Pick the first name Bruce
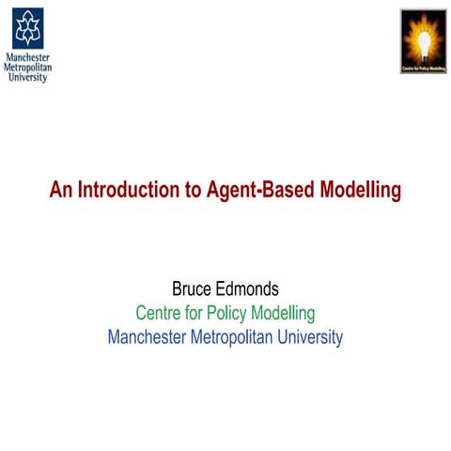(x=192, y=289)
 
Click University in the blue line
(x=310, y=336)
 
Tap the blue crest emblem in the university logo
(x=27, y=28)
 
